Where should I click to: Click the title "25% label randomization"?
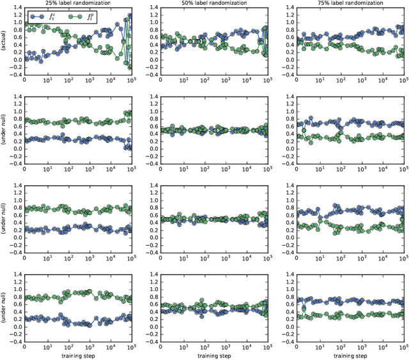tap(77, 4)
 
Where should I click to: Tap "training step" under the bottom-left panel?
tap(77, 355)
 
